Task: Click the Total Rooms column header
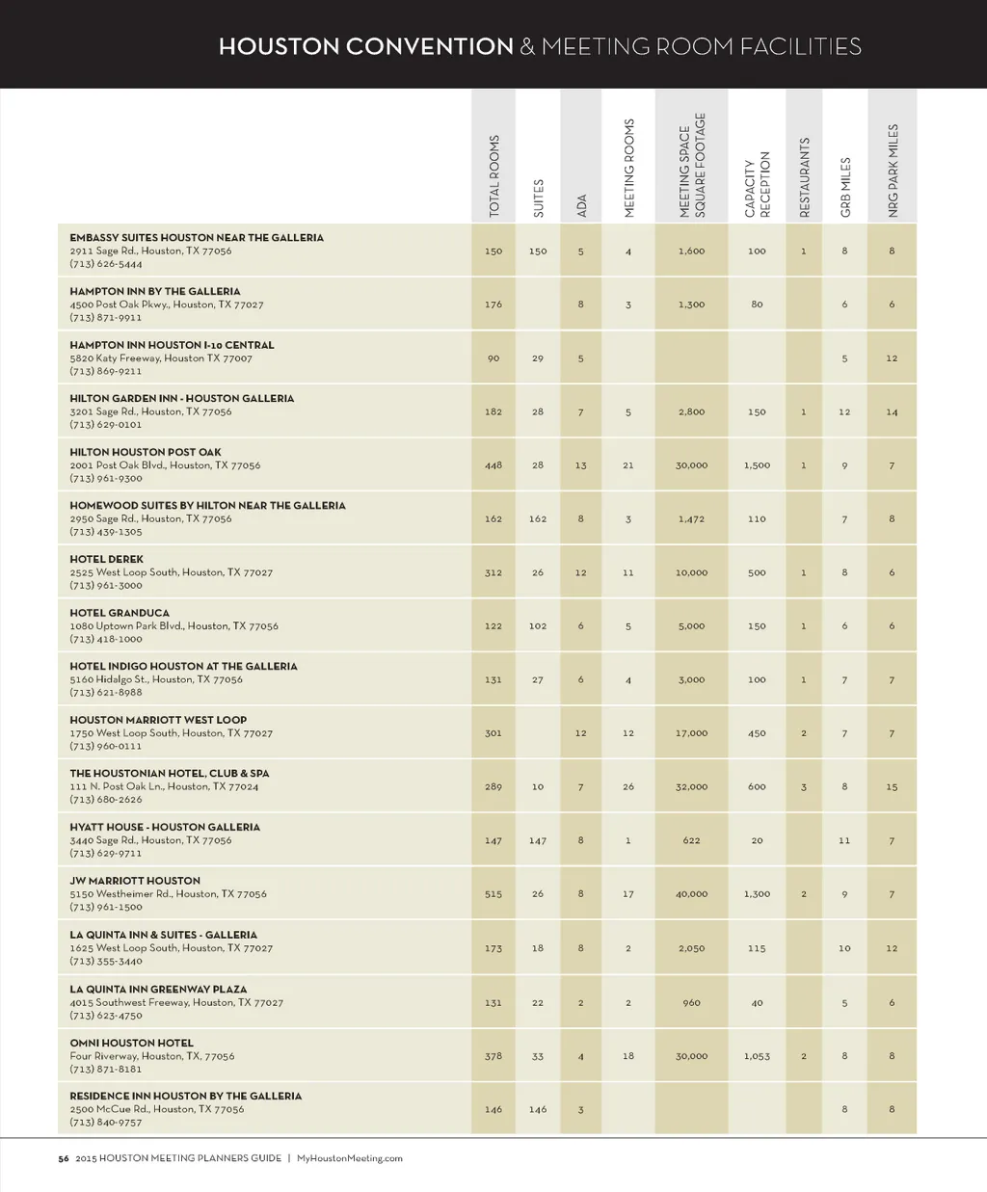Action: pos(494,176)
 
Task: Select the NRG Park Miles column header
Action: pos(893,171)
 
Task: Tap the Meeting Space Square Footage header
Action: pos(692,165)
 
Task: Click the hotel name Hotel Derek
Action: pos(106,559)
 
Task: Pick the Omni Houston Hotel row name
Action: pos(131,1043)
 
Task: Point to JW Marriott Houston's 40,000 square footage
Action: pos(691,894)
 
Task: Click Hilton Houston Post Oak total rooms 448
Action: pos(493,465)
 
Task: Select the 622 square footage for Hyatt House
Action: pos(691,840)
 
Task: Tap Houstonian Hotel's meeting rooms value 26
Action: pos(628,787)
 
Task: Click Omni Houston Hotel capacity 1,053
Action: pos(757,1056)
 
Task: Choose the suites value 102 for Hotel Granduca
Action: pos(538,626)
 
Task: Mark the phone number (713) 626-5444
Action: pos(106,264)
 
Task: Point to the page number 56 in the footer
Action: pos(63,1158)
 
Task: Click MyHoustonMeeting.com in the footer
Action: pos(350,1158)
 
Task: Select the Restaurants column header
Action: pos(805,177)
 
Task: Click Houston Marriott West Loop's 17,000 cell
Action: pos(691,733)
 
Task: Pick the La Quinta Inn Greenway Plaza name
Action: pos(158,989)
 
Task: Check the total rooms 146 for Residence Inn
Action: pos(493,1109)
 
